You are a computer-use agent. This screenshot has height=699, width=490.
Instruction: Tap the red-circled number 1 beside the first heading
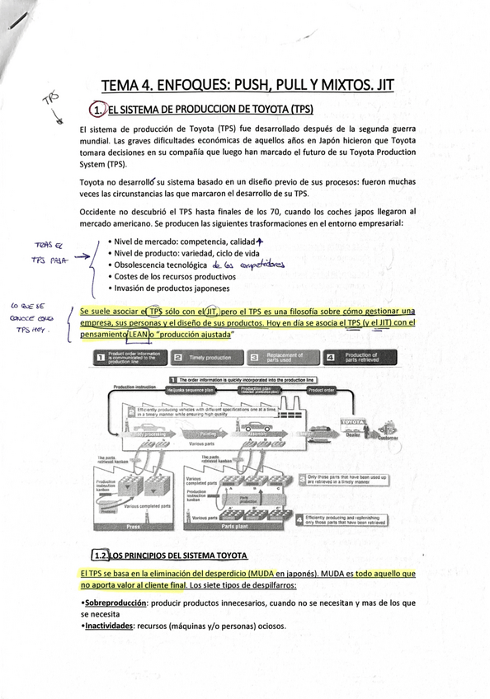point(99,110)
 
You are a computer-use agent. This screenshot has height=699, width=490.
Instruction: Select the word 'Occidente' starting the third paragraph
point(100,212)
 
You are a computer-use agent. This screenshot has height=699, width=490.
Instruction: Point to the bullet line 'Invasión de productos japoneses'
point(172,289)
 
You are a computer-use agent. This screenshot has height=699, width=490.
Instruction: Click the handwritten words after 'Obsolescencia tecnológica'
point(247,265)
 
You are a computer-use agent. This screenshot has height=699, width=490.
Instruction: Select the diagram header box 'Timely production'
point(201,358)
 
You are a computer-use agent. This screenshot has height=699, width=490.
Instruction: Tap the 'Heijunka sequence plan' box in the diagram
point(191,389)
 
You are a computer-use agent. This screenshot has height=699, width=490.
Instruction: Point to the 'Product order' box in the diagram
point(322,389)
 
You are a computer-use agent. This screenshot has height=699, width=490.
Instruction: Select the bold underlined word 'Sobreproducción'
point(116,603)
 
